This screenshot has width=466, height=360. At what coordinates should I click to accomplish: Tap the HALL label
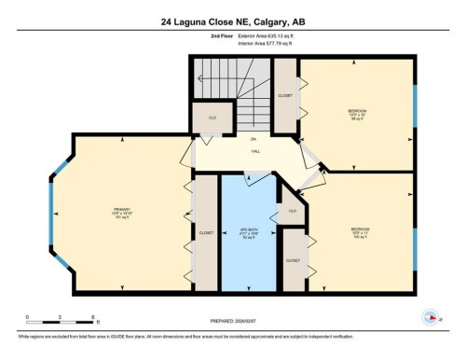pyautogui.click(x=254, y=151)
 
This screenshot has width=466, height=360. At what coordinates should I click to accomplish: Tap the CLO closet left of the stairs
pyautogui.click(x=205, y=118)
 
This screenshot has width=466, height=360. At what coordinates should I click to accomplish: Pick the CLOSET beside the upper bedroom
pyautogui.click(x=285, y=94)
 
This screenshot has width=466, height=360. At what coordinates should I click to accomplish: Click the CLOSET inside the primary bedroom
pyautogui.click(x=205, y=234)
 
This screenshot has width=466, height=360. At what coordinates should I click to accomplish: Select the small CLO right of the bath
pyautogui.click(x=292, y=212)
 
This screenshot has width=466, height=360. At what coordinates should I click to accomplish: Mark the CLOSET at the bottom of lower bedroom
pyautogui.click(x=294, y=261)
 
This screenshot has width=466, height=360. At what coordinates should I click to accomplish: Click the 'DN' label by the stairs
pyautogui.click(x=252, y=140)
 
